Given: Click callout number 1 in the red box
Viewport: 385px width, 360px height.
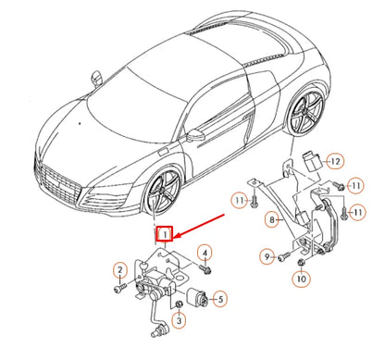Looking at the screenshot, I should pyautogui.click(x=165, y=236).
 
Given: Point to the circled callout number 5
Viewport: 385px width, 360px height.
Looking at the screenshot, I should pyautogui.click(x=219, y=298).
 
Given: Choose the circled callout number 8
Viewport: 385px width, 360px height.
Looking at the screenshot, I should pyautogui.click(x=272, y=219).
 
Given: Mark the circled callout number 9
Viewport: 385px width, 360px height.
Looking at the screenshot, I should pyautogui.click(x=267, y=256).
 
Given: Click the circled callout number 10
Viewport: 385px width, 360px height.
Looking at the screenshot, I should pyautogui.click(x=302, y=277).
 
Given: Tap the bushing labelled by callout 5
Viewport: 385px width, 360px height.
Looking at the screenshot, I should pyautogui.click(x=197, y=298).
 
